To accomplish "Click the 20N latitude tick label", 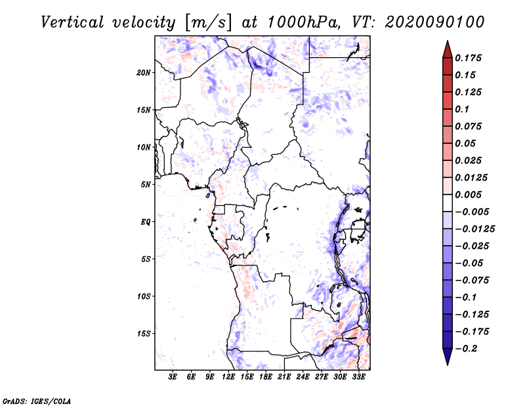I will tap(144, 72).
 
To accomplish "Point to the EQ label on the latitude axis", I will tap(146, 221).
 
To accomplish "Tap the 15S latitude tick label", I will tap(144, 333).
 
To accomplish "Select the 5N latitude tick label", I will tap(146, 184).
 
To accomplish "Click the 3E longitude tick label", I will tap(173, 377).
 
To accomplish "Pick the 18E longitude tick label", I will tap(266, 377).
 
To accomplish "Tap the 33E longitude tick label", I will tap(358, 377).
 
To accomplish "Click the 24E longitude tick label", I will tap(303, 377).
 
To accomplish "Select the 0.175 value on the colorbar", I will tap(470, 58).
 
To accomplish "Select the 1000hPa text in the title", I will tap(303, 22).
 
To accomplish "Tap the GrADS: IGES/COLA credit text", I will tap(37, 400).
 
